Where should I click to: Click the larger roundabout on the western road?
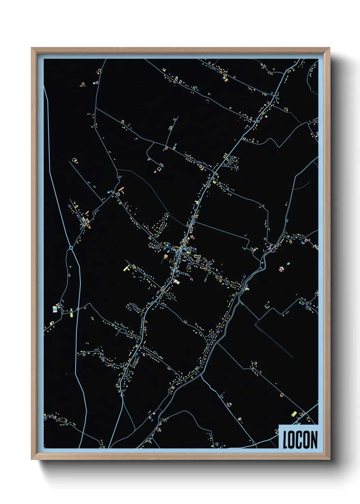point(71,248)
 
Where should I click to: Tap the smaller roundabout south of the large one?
point(78,309)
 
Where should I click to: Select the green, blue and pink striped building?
point(55,309)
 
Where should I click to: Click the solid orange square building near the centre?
point(166,256)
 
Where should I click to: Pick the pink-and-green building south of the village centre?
point(176,281)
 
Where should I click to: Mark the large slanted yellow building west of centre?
point(127,268)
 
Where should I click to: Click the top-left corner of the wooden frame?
point(32,48)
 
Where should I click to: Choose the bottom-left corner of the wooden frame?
point(32,459)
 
